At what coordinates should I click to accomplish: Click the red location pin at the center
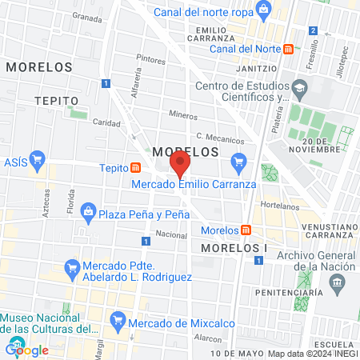(x=181, y=165)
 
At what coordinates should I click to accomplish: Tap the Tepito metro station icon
(x=137, y=168)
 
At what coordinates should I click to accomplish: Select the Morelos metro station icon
(x=246, y=230)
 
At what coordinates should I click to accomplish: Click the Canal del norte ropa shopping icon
(x=263, y=10)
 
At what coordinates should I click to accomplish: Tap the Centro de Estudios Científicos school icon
(x=299, y=86)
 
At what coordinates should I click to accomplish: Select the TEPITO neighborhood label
(x=57, y=100)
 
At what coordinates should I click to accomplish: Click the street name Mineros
(x=182, y=115)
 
